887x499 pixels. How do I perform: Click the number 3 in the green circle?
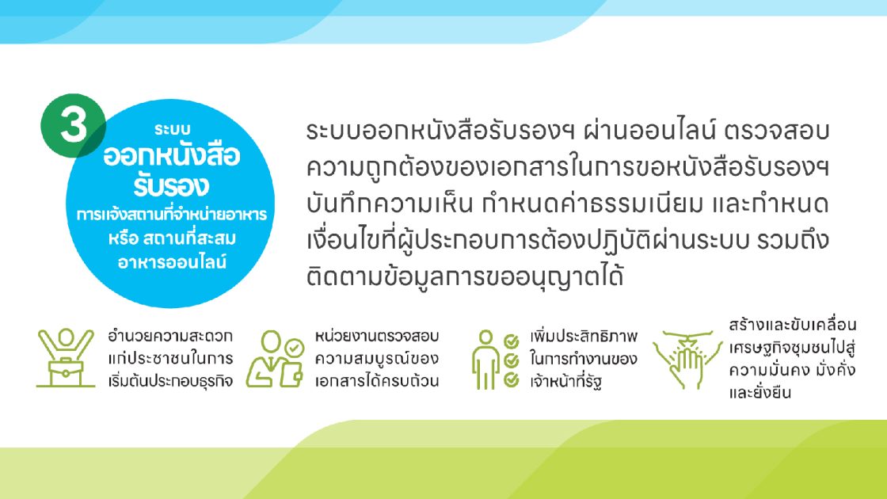[x=74, y=125]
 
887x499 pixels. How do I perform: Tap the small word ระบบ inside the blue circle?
[x=173, y=130]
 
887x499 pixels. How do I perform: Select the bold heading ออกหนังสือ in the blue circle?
[x=171, y=155]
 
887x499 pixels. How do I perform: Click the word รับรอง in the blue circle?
[x=171, y=185]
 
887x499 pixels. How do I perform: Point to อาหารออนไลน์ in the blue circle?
[x=172, y=262]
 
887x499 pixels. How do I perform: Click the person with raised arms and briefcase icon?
[x=66, y=357]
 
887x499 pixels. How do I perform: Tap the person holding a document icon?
[x=276, y=359]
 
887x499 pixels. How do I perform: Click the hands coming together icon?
[x=687, y=360]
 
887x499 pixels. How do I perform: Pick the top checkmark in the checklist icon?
[x=512, y=341]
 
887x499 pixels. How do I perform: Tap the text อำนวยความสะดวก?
[x=170, y=336]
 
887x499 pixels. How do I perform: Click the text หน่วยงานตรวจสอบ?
[x=377, y=336]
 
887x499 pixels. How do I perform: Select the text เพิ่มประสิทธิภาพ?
[x=584, y=336]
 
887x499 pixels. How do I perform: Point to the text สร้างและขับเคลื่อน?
[x=793, y=325]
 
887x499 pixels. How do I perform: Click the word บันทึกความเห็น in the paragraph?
[x=390, y=204]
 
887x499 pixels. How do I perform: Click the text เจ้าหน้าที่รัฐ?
[x=565, y=381]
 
